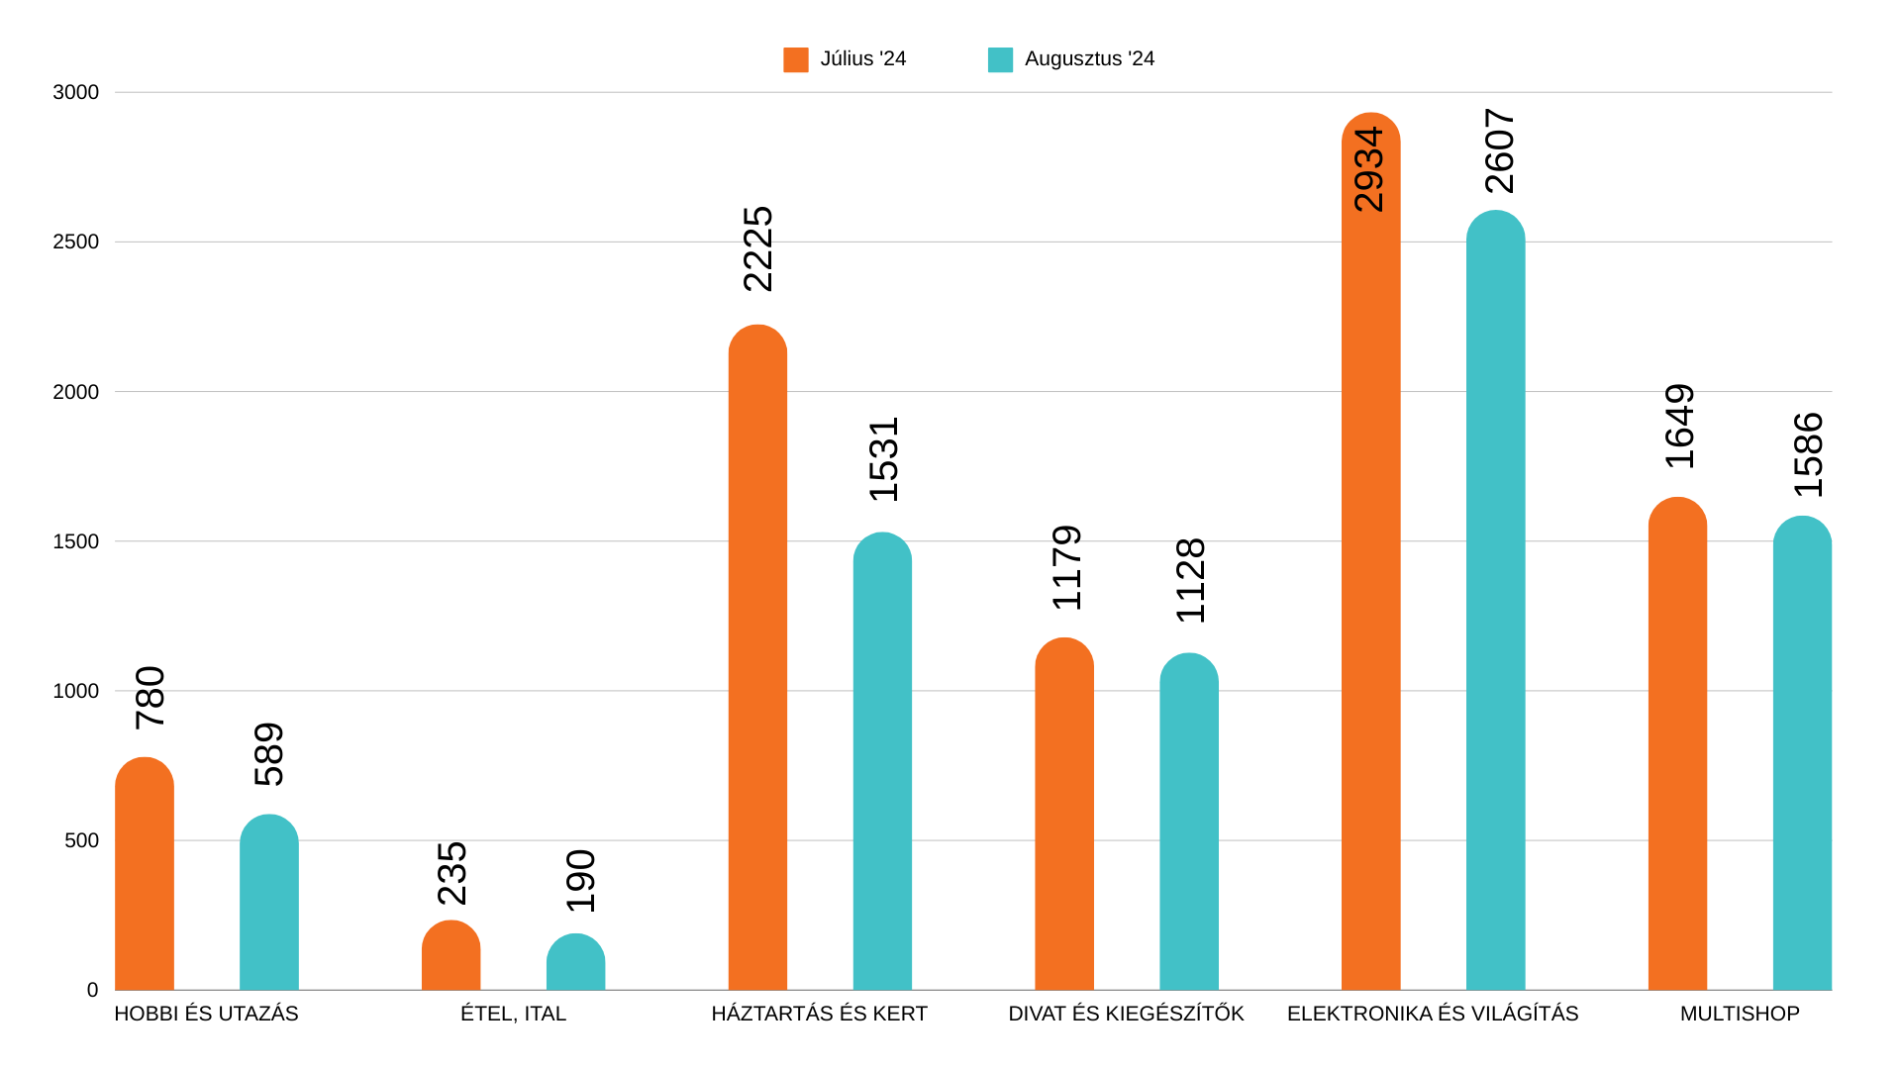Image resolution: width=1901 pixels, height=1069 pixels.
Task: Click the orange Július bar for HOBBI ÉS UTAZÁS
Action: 145,876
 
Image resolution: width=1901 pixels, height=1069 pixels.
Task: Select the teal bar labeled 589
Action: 268,903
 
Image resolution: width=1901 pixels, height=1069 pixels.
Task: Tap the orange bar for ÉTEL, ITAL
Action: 450,957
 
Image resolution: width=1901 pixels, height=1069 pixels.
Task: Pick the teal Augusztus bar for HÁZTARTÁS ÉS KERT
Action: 882,762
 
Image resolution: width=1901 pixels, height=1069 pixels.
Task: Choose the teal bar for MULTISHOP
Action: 1802,754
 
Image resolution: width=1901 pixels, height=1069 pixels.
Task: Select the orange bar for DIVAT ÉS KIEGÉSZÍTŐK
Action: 1064,815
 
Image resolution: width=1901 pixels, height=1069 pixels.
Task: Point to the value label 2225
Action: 758,249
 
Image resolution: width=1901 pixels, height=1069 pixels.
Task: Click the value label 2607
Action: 1500,151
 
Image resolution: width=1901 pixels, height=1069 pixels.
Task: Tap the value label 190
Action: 581,881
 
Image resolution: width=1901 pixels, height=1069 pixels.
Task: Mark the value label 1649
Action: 1680,427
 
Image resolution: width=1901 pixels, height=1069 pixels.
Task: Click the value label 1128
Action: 1190,581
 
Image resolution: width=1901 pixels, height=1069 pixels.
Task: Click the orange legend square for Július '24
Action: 795,59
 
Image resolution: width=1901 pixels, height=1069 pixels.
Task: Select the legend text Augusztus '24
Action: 1089,59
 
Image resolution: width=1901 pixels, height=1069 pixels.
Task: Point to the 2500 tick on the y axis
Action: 76,242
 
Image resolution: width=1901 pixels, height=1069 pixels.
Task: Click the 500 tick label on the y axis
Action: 81,840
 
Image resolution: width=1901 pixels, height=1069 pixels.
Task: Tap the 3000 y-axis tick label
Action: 76,92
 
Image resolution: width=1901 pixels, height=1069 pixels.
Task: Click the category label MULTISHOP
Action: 1740,1014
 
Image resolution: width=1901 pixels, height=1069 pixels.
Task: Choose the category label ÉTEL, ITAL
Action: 513,1014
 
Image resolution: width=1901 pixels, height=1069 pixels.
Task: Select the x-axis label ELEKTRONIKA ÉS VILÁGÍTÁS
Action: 1433,1014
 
